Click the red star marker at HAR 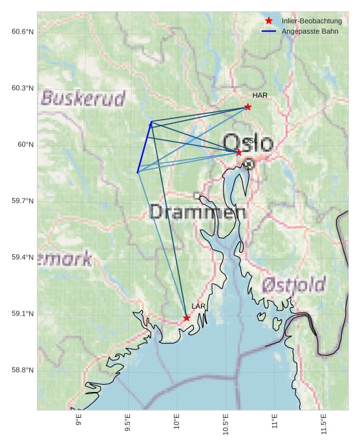[248, 107]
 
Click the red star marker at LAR [186, 318]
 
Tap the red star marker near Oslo [238, 152]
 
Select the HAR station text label [260, 96]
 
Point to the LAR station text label [198, 306]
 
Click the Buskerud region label [83, 98]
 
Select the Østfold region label [293, 284]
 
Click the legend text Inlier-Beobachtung [312, 21]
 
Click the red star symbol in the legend [269, 21]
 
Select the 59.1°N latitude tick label [23, 314]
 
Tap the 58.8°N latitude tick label [23, 370]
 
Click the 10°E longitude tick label [176, 424]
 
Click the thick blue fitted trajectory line [144, 147]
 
